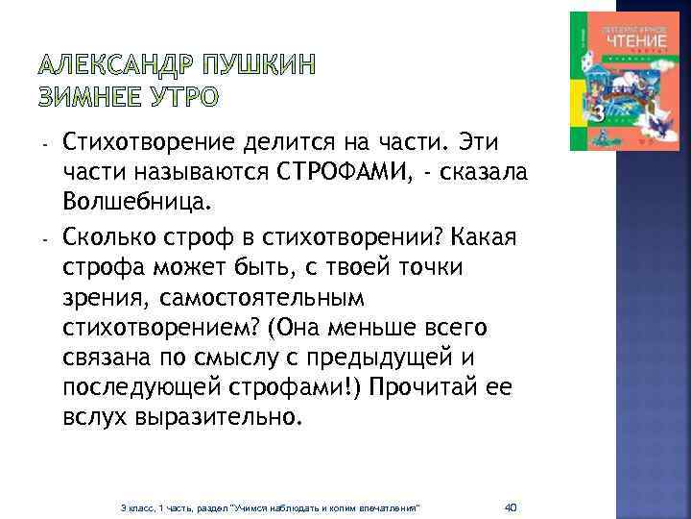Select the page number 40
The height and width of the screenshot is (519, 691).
click(511, 507)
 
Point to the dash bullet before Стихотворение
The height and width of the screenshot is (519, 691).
click(45, 143)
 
